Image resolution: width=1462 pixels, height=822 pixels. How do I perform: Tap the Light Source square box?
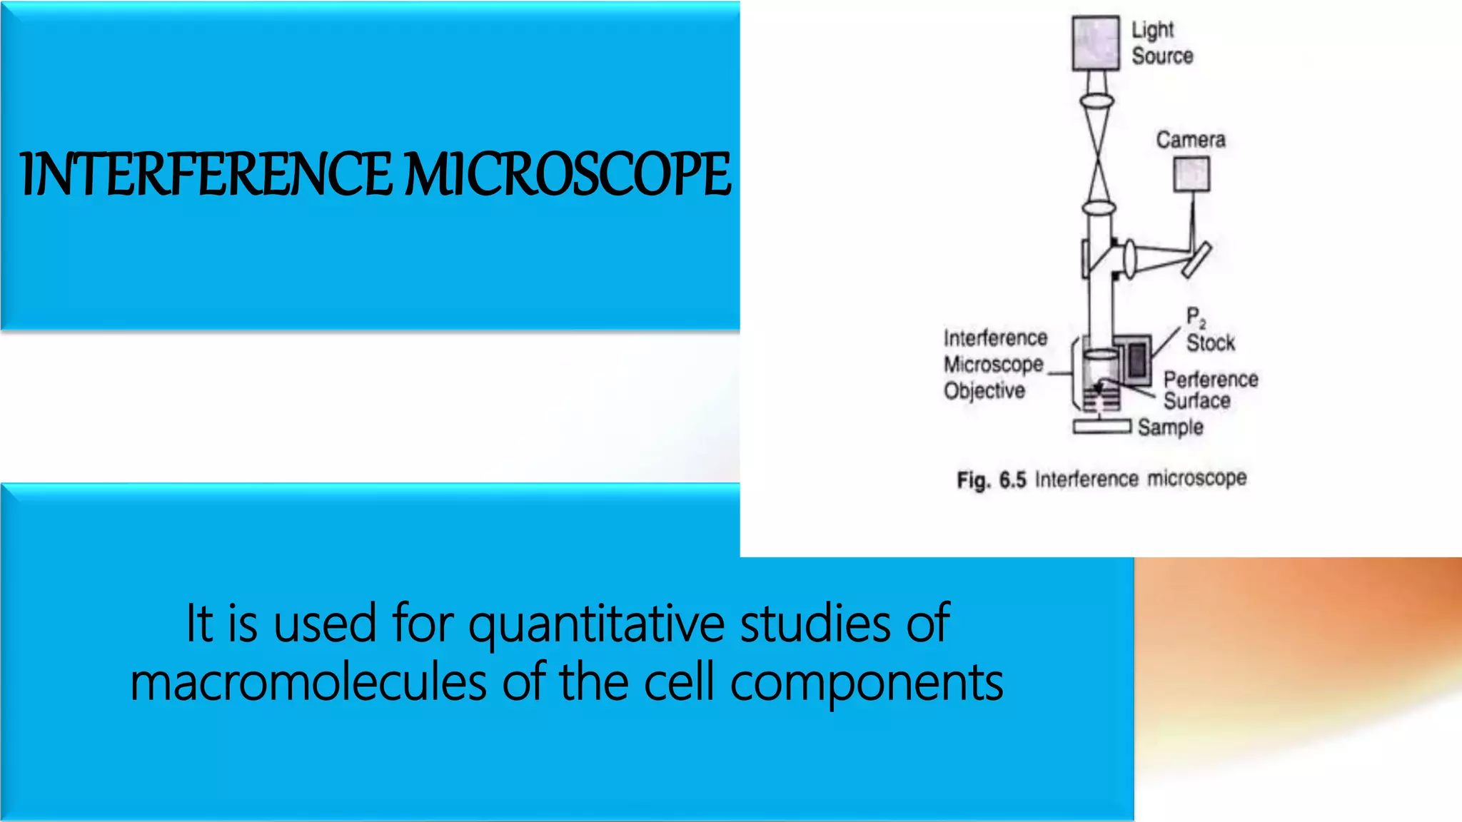click(1095, 44)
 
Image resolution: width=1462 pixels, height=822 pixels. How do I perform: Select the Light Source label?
click(1161, 43)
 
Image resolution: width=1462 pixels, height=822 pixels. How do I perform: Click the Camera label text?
click(1190, 140)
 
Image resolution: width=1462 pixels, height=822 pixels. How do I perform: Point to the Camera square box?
click(1191, 174)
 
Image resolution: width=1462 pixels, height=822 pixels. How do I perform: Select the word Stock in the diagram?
click(1210, 343)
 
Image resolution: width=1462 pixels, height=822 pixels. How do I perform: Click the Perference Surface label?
click(1210, 390)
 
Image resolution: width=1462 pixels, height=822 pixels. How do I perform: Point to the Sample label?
click(1170, 427)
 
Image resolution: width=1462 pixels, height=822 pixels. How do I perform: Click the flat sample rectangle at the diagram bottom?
click(1101, 427)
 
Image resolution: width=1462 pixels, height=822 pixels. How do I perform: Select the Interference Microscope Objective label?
click(994, 364)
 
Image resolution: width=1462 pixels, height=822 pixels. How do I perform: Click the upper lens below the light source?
click(1096, 101)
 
